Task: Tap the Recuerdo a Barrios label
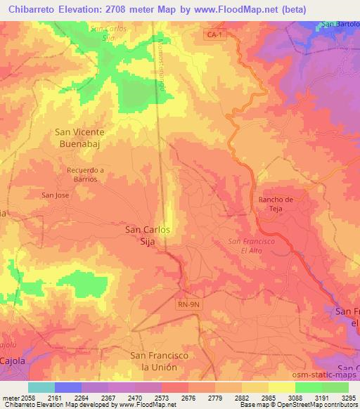(x=86, y=174)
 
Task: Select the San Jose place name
(x=55, y=195)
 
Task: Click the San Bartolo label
(x=340, y=26)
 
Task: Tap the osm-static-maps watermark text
(x=332, y=378)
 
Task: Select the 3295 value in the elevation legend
(x=349, y=398)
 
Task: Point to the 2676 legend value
(x=188, y=398)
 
